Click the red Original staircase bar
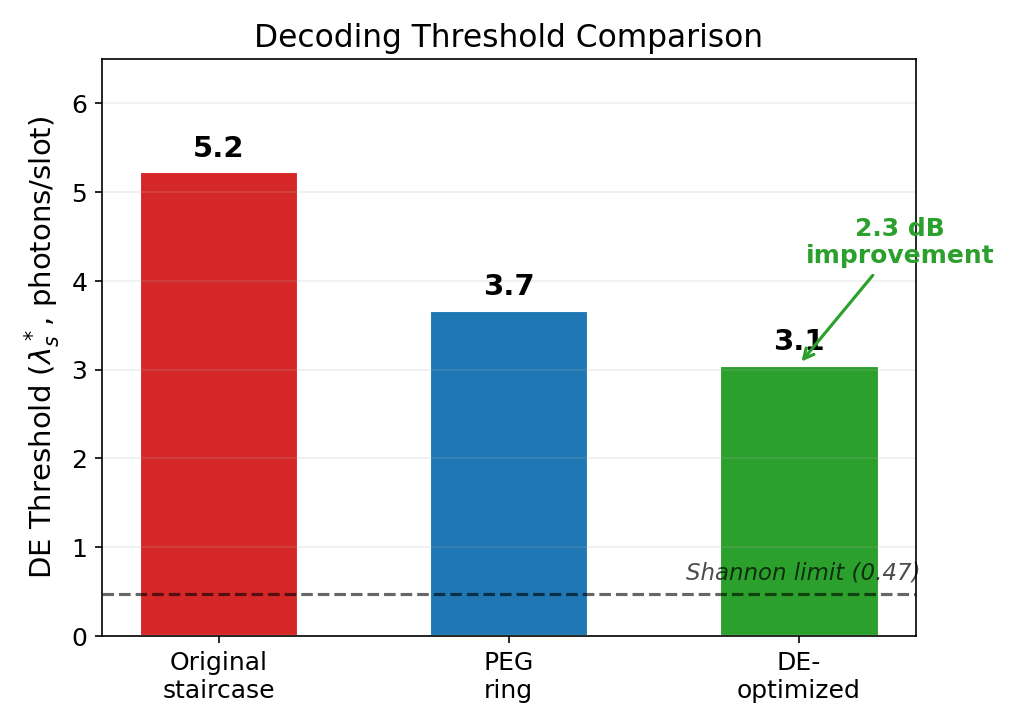point(218,404)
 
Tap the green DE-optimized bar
point(798,501)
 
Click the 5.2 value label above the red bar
point(218,148)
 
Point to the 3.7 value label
point(508,286)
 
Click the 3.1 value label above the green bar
point(798,341)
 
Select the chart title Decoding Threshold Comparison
point(508,37)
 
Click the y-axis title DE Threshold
point(42,346)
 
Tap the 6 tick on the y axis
point(81,104)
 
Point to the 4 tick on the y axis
point(81,282)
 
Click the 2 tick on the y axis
point(81,459)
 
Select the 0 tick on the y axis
point(81,637)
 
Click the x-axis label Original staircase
point(218,676)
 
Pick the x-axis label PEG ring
point(508,676)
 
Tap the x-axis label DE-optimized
point(798,676)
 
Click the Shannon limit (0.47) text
point(802,573)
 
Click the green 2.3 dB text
point(899,228)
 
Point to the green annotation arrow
point(838,316)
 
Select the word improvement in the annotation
point(899,255)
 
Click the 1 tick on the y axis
point(81,548)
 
